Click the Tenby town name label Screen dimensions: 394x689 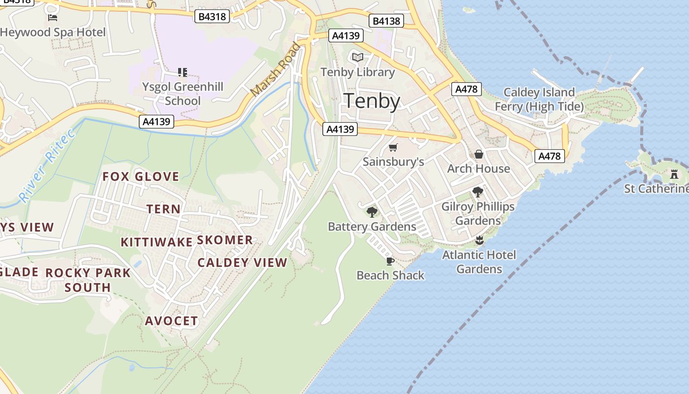point(372,101)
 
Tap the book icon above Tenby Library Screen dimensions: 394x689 point(358,58)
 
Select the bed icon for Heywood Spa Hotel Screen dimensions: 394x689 point(53,18)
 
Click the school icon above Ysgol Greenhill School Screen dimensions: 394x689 point(183,72)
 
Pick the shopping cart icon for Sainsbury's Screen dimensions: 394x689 point(393,147)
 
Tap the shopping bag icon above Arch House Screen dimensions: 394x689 point(478,155)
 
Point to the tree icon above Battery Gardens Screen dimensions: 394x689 point(372,212)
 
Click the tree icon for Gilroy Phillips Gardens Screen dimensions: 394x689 point(477,192)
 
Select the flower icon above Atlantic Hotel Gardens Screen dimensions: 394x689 point(479,240)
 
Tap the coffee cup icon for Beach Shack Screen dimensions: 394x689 point(390,261)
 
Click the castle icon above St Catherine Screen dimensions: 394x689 point(674,174)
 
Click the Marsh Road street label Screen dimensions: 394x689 point(275,70)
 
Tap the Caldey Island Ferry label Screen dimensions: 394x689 point(538,99)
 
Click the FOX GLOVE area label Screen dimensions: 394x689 point(141,177)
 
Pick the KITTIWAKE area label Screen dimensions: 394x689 point(157,242)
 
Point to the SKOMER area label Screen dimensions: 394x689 point(225,240)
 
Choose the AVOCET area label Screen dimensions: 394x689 point(171,321)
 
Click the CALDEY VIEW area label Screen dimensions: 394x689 point(242,263)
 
